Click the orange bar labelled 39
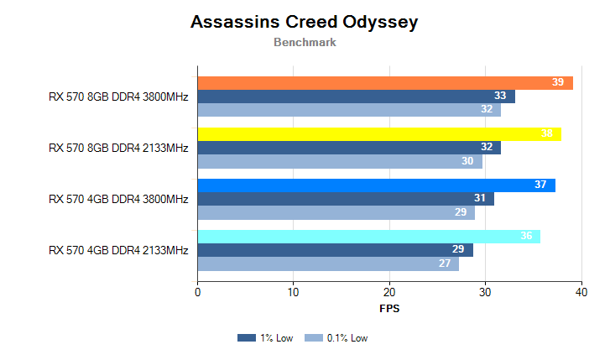[384, 82]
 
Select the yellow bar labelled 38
[379, 133]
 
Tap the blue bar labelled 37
[376, 185]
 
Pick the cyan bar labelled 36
[368, 237]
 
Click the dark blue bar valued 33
[356, 97]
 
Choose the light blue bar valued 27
[328, 263]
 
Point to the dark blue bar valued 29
[335, 250]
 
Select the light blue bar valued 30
[340, 161]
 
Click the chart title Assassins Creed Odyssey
[304, 23]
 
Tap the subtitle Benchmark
[305, 42]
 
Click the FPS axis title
[389, 308]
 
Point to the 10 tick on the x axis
[293, 292]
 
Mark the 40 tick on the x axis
[581, 292]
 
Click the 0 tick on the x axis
[197, 292]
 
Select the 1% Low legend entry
[266, 338]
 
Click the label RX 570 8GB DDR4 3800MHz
[118, 97]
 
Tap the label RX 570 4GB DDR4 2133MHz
[118, 250]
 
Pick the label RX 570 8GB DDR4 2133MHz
[118, 148]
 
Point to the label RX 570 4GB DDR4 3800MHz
[118, 199]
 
